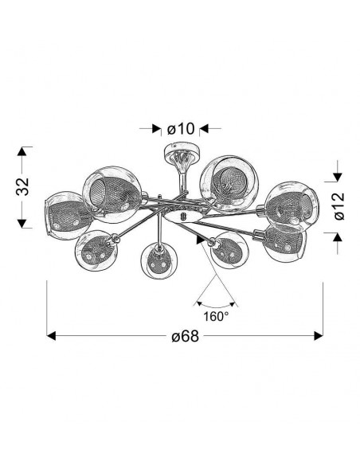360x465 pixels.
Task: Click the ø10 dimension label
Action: point(181,129)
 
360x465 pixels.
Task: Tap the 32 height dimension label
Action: point(22,186)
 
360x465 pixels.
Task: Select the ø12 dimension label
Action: point(338,206)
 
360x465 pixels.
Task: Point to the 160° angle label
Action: point(216,316)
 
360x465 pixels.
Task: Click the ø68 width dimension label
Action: point(186,336)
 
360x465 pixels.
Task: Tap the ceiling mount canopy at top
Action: point(180,152)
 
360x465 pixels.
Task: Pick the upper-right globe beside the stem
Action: point(229,184)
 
